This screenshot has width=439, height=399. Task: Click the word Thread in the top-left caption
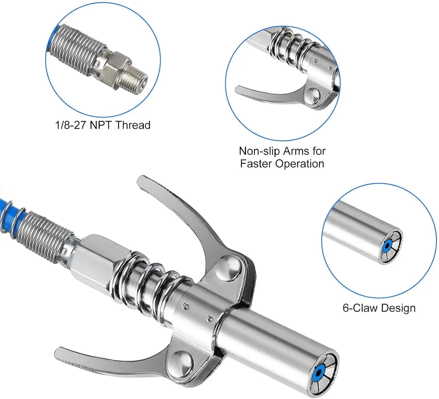click(x=133, y=125)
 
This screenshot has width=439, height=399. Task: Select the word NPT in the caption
click(x=100, y=125)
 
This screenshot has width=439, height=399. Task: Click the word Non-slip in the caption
click(x=259, y=151)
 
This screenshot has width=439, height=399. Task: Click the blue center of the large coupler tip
click(x=319, y=372)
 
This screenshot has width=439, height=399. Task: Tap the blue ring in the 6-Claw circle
click(x=387, y=245)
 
